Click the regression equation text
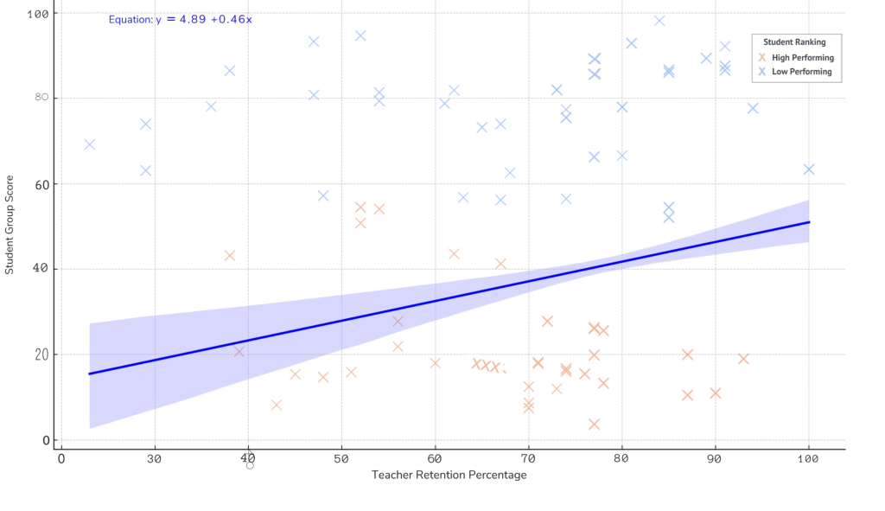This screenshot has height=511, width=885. pos(180,19)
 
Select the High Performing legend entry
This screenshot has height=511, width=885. pos(802,58)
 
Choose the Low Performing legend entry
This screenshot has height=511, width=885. pos(801,72)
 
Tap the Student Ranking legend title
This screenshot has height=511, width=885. pos(794,42)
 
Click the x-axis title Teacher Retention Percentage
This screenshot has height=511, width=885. pos(449,475)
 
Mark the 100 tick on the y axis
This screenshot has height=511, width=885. pos(39,14)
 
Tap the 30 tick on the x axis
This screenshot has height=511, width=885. pos(155,457)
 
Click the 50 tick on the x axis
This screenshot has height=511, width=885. pos(341,457)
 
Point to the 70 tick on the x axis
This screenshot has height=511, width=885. pos(528,457)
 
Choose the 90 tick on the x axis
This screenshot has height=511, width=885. pos(715,457)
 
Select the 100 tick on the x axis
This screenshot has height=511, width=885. pos(808,457)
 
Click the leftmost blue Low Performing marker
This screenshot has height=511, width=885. pos(89,144)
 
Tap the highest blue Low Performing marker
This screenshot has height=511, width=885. pos(659,21)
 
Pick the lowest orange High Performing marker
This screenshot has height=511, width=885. pos(594,424)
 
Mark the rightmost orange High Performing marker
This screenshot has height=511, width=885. pos(743,359)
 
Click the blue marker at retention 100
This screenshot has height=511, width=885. pos(809,169)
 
